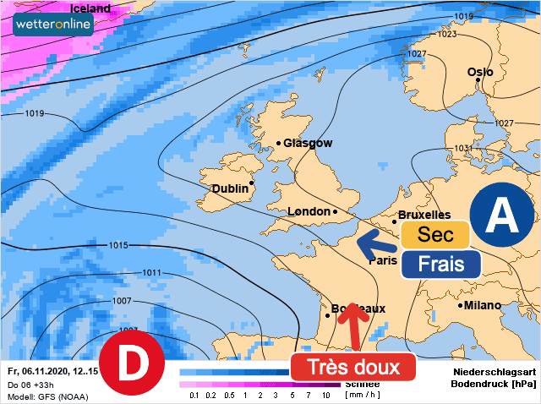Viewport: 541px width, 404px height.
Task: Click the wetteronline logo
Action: [x=52, y=25]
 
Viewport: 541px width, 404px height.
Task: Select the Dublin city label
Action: [x=230, y=188]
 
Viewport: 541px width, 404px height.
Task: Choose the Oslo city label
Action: [x=480, y=73]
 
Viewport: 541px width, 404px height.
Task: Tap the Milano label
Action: [x=482, y=305]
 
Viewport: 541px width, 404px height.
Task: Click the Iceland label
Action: [x=90, y=8]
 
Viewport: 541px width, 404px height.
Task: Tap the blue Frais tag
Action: [x=440, y=263]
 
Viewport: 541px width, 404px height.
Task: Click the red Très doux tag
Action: [x=353, y=368]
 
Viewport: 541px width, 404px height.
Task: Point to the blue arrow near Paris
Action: [x=375, y=247]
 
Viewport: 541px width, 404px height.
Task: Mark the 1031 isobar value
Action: [x=463, y=149]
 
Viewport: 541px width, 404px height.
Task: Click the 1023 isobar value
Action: [x=447, y=35]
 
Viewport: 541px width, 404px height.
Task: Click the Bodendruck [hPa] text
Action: [x=495, y=384]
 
